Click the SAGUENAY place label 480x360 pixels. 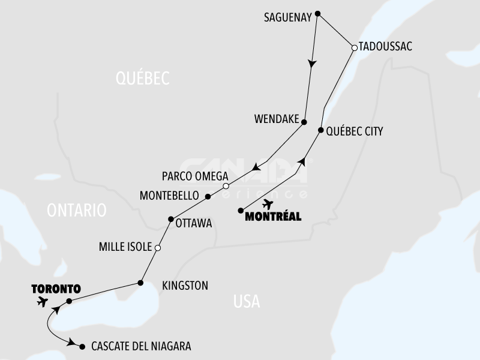point(288,17)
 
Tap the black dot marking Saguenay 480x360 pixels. point(318,14)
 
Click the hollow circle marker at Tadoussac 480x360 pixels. point(354,47)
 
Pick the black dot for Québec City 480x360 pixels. point(321,130)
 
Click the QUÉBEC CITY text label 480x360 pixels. point(354,131)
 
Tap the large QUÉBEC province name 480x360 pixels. point(143,78)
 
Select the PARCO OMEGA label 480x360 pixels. point(196,176)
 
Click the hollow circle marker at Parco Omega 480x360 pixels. point(226,185)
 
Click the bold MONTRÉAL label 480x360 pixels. point(274,217)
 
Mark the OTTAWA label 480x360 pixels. point(194,223)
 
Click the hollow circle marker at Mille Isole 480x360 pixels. point(158,248)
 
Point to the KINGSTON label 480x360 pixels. point(185,286)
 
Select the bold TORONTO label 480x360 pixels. point(56,288)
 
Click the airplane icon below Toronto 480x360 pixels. point(42,301)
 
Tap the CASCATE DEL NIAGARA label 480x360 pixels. point(141,346)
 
